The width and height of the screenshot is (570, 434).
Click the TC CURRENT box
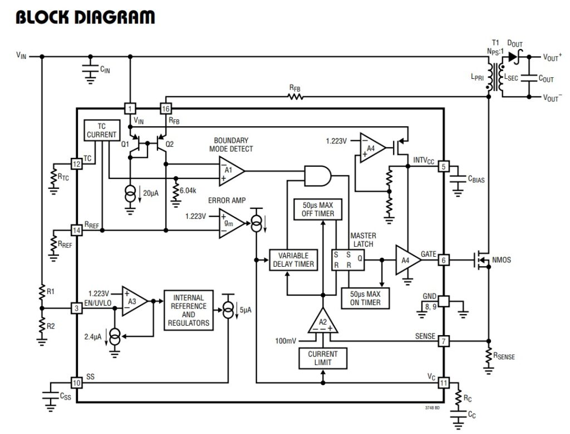tap(101, 130)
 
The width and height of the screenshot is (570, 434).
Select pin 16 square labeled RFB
tap(165, 108)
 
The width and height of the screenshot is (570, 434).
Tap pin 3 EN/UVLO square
tap(76, 308)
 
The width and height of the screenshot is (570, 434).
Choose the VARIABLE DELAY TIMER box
tap(293, 260)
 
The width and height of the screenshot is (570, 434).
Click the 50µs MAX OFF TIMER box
tap(318, 209)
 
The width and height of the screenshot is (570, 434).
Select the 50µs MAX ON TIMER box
tap(366, 298)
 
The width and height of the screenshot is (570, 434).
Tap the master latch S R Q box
tap(348, 260)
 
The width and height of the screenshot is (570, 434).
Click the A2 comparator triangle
tap(322, 322)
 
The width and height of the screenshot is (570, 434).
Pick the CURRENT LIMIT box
tap(322, 358)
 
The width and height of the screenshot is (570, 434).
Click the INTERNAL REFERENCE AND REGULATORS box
tap(189, 310)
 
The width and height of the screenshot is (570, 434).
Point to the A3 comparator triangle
tap(133, 301)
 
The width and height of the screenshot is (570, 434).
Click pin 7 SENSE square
tap(444, 341)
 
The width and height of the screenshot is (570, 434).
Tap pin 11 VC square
tap(444, 383)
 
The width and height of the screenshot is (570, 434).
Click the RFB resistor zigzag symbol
tap(296, 96)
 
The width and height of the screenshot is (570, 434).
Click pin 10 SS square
tap(76, 383)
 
